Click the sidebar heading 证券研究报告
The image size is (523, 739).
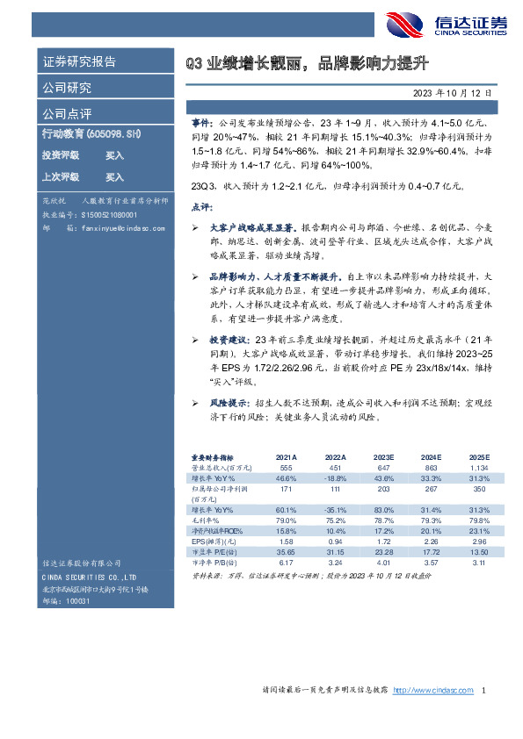coord(79,61)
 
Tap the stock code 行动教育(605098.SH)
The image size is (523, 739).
coord(91,134)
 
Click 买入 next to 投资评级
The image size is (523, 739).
coord(114,154)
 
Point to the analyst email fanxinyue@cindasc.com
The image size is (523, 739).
coord(113,228)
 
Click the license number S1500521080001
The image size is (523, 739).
coord(110,215)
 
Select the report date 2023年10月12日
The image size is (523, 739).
coord(452,92)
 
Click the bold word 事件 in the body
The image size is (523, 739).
coord(201,126)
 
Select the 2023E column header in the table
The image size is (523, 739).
coord(382,458)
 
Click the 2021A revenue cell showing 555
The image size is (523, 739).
coord(285,470)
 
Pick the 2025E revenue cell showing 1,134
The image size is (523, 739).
coord(479,470)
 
